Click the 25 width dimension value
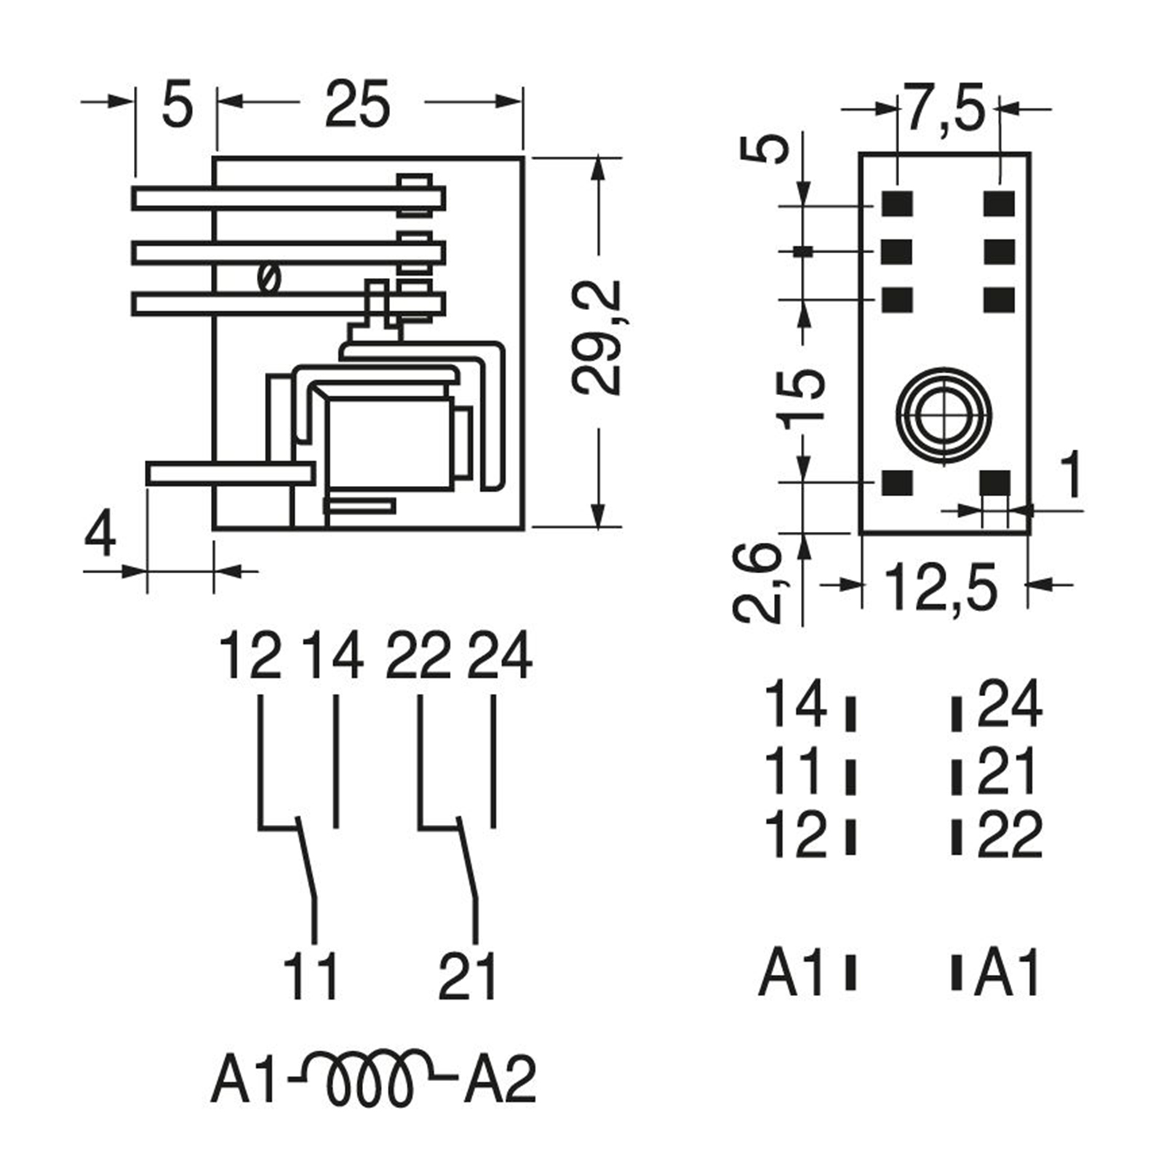pyautogui.click(x=357, y=103)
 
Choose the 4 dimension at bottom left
pyautogui.click(x=100, y=535)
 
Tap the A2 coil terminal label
pyautogui.click(x=500, y=1079)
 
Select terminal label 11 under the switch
pyautogui.click(x=311, y=976)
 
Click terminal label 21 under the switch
pyautogui.click(x=468, y=976)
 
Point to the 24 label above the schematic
pyautogui.click(x=500, y=656)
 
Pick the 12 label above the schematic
pyautogui.click(x=250, y=656)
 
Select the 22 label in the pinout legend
pyautogui.click(x=1010, y=835)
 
